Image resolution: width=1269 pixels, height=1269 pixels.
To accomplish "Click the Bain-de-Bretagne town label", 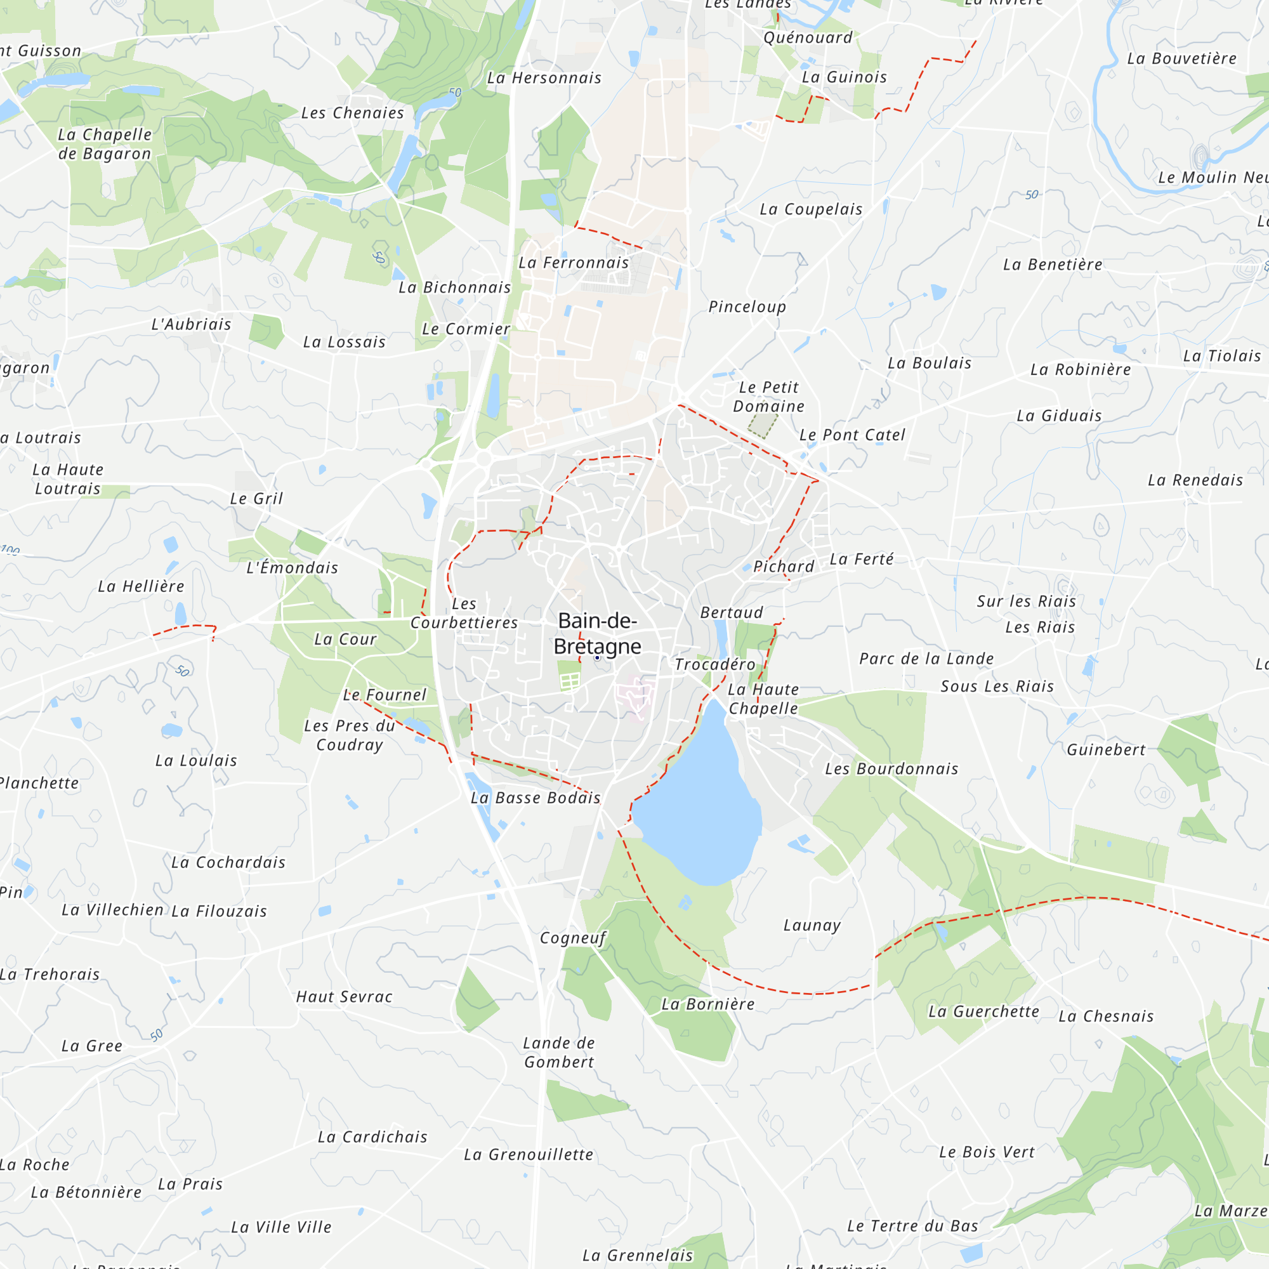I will tap(596, 634).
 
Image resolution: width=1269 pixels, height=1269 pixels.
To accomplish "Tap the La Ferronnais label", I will tap(574, 263).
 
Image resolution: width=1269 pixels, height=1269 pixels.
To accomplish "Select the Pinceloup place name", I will tap(747, 306).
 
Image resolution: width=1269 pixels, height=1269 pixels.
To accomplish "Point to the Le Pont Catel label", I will tap(852, 435).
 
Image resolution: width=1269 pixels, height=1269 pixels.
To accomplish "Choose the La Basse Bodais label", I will tap(536, 798).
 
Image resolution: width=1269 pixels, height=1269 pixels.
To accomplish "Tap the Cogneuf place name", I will tap(573, 938).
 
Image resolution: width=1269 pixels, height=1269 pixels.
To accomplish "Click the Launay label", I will tap(812, 926).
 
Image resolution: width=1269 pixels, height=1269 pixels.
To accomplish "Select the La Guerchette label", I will tap(983, 1011).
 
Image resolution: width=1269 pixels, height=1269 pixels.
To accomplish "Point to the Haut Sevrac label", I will tap(344, 997).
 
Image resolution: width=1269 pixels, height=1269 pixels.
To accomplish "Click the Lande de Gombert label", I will tap(559, 1052).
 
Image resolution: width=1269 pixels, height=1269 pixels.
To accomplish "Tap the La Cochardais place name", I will tap(228, 862).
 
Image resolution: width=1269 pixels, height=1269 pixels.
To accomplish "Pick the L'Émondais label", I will tap(293, 567).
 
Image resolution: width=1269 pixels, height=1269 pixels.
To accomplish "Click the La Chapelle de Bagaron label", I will tap(105, 144).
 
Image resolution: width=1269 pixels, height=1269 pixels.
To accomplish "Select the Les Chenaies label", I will tap(353, 113).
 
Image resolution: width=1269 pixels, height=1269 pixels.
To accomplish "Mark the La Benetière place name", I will tap(1052, 265).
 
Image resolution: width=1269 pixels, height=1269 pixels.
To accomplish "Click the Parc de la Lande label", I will tap(926, 659).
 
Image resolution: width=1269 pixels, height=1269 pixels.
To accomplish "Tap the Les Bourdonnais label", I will tap(891, 768).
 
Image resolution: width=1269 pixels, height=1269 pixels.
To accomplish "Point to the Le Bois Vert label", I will tap(987, 1152).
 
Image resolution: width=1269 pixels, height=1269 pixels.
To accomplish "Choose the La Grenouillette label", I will tap(528, 1155).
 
